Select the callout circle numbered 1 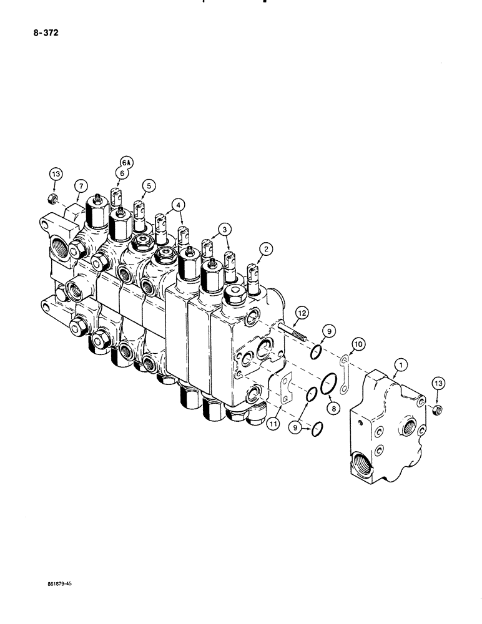pos(398,363)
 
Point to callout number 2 pos(268,250)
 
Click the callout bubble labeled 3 pos(222,228)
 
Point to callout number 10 pos(273,424)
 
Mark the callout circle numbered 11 pos(302,311)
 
